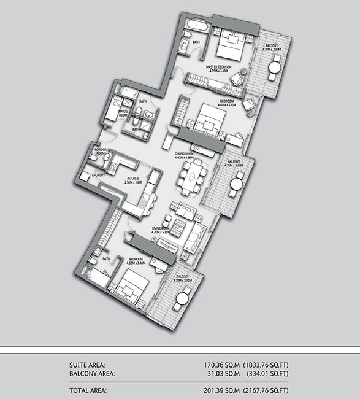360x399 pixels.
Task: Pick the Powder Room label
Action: (x=101, y=151)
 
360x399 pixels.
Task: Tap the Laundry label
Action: (x=98, y=175)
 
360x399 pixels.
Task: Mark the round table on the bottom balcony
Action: (x=182, y=300)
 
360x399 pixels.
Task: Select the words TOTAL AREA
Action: (x=88, y=390)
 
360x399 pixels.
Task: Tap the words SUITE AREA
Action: (x=87, y=364)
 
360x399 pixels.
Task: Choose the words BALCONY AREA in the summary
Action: (x=91, y=372)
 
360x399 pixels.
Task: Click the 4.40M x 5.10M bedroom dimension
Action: (x=227, y=104)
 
